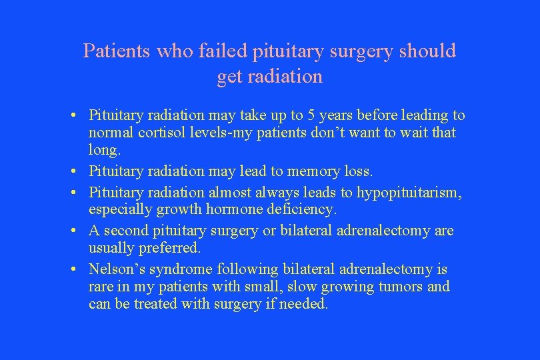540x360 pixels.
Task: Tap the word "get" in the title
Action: tap(230, 77)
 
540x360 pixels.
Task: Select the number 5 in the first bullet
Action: tap(292, 116)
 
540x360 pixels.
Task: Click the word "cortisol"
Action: tap(164, 133)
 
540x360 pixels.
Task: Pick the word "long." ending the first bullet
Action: tap(103, 149)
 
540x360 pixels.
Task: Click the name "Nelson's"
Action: tap(115, 270)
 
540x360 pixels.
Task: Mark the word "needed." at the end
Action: tap(305, 304)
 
